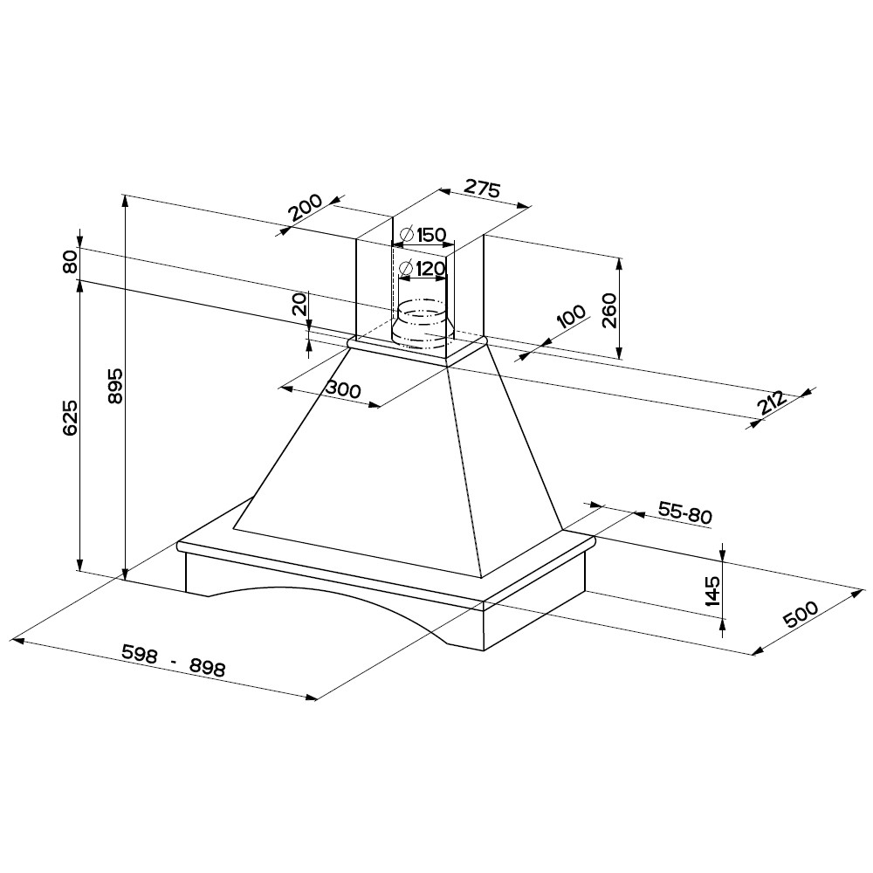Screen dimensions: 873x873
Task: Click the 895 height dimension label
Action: point(116,386)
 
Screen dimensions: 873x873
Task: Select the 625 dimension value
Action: point(71,417)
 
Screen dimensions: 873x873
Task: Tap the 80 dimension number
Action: point(70,262)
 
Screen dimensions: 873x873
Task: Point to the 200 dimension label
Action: point(306,207)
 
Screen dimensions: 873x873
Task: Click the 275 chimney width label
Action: point(482,189)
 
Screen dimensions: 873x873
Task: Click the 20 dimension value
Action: point(300,305)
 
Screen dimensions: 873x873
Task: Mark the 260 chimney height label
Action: point(609,311)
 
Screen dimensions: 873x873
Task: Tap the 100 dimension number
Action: point(572,317)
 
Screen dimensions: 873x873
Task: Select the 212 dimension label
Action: point(772,404)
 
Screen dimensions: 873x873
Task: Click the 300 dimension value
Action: point(343,389)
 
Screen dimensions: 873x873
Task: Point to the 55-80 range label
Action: point(684,512)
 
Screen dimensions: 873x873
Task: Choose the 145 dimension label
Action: point(712,591)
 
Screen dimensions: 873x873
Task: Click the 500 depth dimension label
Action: point(801,614)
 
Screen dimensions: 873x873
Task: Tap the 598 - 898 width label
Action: point(174,660)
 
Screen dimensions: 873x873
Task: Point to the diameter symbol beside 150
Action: point(407,234)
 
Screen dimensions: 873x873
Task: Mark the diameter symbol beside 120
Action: point(407,269)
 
